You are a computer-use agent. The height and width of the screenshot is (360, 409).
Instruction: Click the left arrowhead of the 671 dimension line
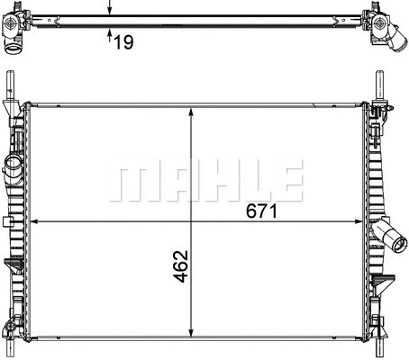tap(35, 221)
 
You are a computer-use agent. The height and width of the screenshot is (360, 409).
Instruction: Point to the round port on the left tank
tap(14, 167)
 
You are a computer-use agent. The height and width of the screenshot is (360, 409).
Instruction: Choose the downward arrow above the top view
tap(109, 7)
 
